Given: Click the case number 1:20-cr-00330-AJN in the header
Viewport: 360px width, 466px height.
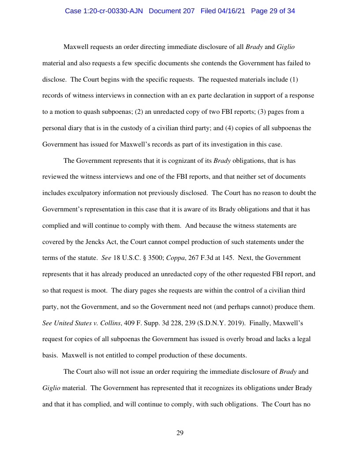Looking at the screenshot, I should pyautogui.click(x=105, y=11).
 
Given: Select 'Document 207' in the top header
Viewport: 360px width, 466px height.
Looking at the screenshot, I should pyautogui.click(x=172, y=11).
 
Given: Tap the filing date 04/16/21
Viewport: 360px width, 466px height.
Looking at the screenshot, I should pyautogui.click(x=232, y=11).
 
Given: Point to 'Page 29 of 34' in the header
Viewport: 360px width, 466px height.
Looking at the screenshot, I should pyautogui.click(x=273, y=11).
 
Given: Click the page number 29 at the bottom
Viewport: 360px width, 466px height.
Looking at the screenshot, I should pyautogui.click(x=180, y=433).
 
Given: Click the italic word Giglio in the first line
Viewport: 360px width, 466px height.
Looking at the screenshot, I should pyautogui.click(x=286, y=47).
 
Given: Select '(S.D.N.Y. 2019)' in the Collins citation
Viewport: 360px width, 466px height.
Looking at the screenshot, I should pyautogui.click(x=223, y=323).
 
